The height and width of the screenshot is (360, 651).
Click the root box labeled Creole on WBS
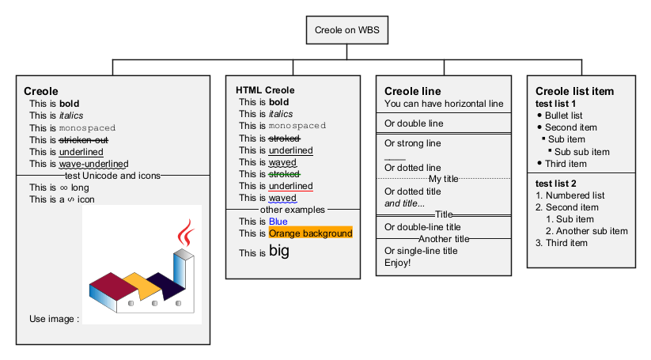346,31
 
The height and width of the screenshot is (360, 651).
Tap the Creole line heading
413,91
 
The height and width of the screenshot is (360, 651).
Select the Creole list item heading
574,91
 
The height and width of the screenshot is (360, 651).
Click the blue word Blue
278,222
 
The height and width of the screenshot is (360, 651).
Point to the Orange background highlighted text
310,233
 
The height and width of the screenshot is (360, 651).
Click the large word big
279,252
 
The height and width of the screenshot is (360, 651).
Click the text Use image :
54,319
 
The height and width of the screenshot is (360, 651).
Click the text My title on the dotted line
444,179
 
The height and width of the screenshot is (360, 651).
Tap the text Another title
444,239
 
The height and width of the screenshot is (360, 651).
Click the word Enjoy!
398,263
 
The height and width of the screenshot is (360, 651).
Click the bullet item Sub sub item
581,152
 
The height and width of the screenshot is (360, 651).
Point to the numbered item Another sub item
586,231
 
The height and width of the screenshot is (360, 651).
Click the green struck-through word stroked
283,174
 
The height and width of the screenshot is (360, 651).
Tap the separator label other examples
293,210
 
